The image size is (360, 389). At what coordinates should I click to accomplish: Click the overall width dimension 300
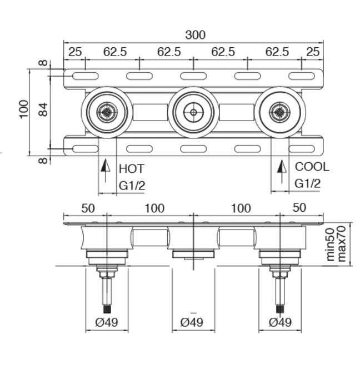click(x=195, y=35)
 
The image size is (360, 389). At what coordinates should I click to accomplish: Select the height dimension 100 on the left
click(x=23, y=109)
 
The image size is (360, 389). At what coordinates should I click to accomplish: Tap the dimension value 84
click(x=43, y=109)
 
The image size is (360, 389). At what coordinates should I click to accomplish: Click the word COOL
click(x=312, y=167)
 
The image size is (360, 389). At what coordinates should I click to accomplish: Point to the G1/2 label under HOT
click(x=132, y=186)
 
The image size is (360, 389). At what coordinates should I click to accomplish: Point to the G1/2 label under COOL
click(x=307, y=184)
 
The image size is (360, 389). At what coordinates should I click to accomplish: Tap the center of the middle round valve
click(x=193, y=112)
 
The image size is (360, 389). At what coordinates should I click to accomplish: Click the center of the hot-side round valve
click(x=107, y=112)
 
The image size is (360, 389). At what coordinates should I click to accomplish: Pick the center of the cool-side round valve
click(x=279, y=112)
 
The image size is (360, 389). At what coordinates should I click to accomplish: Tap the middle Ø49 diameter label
click(x=192, y=322)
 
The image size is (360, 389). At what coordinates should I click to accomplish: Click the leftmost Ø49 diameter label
click(x=107, y=322)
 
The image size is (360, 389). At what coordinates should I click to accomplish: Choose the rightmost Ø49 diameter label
click(x=281, y=322)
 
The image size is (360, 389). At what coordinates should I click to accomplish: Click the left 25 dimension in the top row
click(x=75, y=52)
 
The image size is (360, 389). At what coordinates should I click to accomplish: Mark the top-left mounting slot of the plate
click(x=86, y=76)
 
